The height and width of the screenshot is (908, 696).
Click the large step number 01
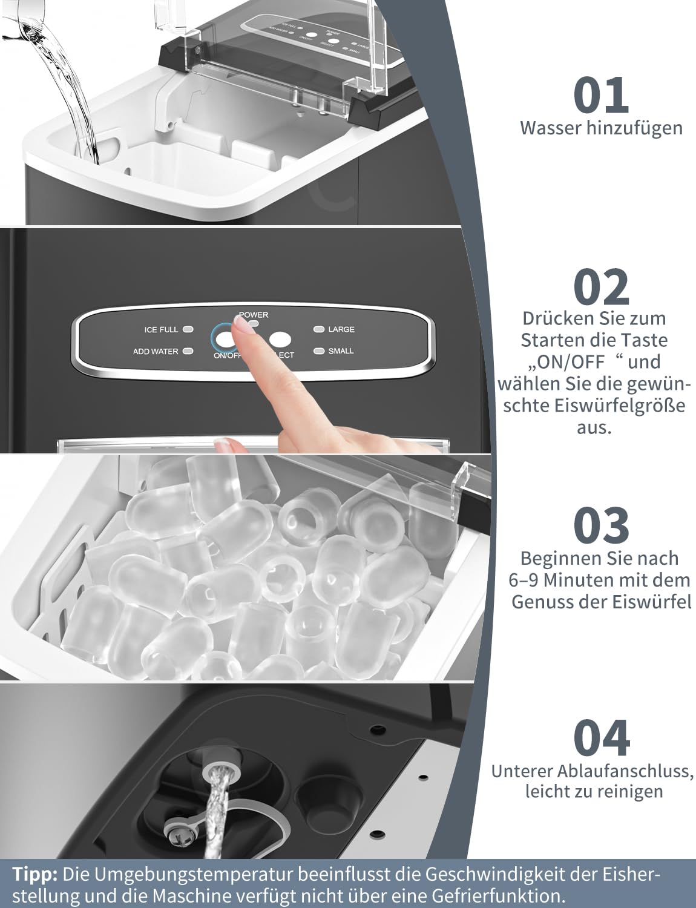point(601,95)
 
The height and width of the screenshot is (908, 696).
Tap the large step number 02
point(601,287)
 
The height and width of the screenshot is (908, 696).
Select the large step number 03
point(601,525)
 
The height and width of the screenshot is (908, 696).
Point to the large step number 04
point(601,739)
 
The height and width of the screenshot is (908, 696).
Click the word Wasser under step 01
point(550,128)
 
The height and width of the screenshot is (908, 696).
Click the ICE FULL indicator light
point(188,329)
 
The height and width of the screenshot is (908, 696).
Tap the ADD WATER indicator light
point(188,351)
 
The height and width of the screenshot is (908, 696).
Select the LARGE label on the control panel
point(341,329)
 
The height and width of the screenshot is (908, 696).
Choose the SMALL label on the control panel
point(341,351)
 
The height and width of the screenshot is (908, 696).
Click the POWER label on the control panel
point(254,315)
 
